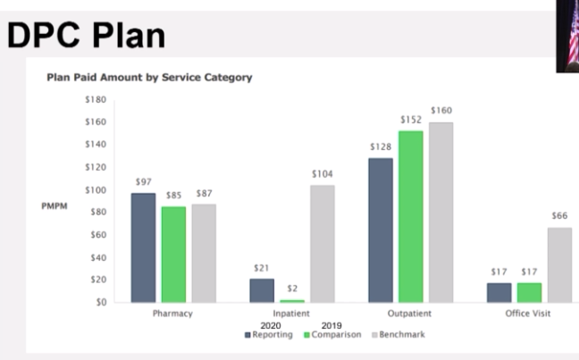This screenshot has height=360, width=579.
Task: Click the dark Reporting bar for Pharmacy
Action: click(143, 247)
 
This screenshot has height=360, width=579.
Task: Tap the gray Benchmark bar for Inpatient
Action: click(323, 243)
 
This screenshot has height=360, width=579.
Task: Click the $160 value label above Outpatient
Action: click(441, 111)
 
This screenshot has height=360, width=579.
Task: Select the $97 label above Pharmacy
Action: click(143, 182)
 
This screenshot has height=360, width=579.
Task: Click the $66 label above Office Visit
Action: click(559, 215)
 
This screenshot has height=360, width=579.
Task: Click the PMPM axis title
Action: click(54, 205)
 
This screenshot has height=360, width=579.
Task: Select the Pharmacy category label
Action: click(173, 314)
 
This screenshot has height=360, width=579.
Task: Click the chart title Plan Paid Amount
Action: click(148, 78)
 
